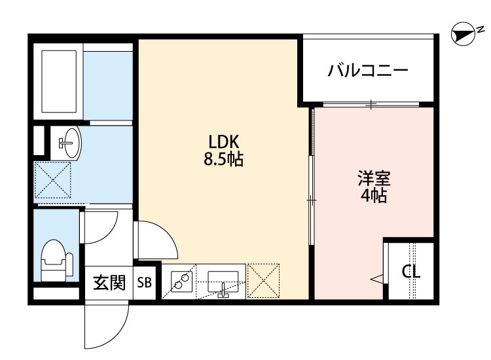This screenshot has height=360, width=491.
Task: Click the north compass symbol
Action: click(x=464, y=35)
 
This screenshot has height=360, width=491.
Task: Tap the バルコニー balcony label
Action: click(x=368, y=70)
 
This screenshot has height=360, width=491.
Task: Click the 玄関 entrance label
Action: click(x=109, y=283)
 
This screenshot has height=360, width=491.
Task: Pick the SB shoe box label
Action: click(x=144, y=283)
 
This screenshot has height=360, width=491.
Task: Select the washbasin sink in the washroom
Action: click(x=68, y=141)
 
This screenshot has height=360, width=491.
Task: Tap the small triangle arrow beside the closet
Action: click(x=377, y=280)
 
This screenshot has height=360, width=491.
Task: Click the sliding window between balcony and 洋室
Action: click(x=371, y=104)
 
